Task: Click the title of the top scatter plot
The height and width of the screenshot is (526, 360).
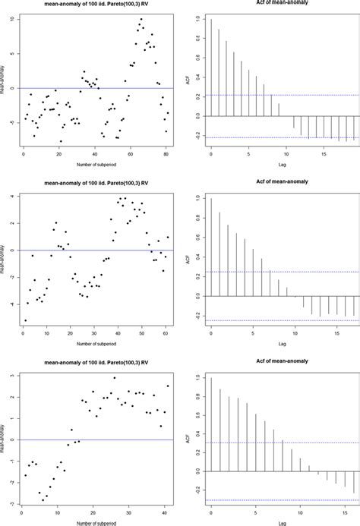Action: [x=97, y=5]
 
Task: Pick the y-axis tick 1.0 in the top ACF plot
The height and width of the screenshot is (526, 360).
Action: [x=198, y=19]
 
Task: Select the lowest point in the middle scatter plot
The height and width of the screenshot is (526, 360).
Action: [x=25, y=320]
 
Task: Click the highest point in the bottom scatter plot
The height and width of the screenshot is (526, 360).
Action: [x=115, y=377]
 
